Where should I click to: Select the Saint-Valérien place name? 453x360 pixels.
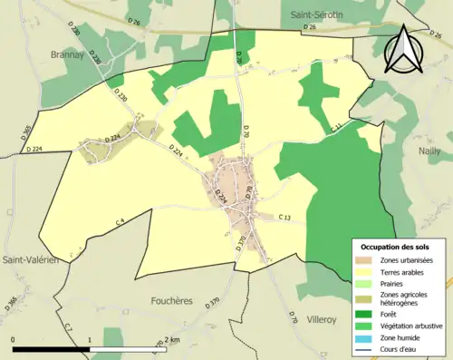tap(31, 259)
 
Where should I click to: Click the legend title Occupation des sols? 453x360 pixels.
tap(396, 247)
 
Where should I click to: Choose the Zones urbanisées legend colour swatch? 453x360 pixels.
tap(367, 260)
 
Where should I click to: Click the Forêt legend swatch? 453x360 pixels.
tap(367, 316)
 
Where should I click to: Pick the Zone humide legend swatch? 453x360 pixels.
tap(367, 337)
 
